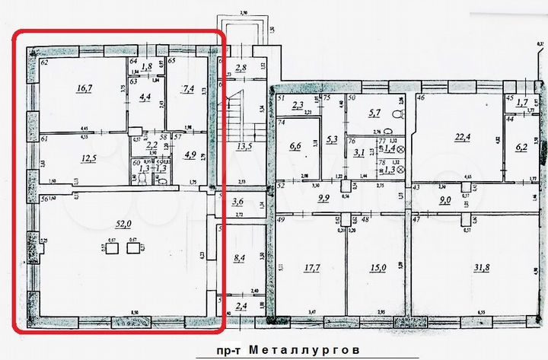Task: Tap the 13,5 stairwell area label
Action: (x=244, y=145)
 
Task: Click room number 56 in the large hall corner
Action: (x=45, y=199)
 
